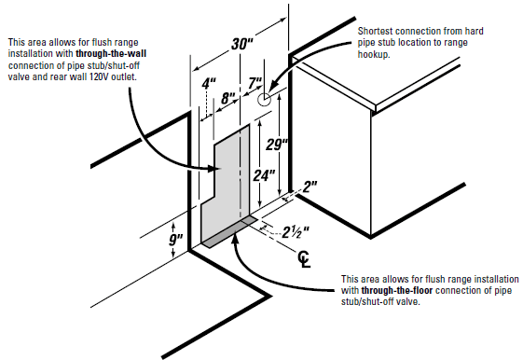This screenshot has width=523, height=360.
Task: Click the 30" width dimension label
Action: (242, 44)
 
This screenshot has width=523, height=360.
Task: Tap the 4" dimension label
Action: (209, 83)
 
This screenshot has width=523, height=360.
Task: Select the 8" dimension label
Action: (228, 99)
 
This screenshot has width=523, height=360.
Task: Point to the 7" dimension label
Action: (255, 83)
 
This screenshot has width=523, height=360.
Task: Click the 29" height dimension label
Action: (277, 145)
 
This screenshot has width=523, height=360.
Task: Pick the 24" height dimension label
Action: (264, 175)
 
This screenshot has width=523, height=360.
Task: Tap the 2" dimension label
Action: (310, 187)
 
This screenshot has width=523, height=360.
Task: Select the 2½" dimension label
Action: (296, 232)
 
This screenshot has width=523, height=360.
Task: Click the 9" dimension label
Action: (176, 240)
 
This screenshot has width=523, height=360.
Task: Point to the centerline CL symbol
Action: (304, 259)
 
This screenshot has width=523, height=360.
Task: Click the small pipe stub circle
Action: (264, 99)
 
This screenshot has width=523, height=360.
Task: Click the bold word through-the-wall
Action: (111, 54)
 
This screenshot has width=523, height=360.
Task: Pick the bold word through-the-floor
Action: (397, 290)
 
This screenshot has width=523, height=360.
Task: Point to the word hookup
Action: (374, 54)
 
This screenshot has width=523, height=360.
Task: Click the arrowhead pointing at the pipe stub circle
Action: (272, 88)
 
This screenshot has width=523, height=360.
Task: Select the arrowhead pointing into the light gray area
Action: (215, 169)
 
